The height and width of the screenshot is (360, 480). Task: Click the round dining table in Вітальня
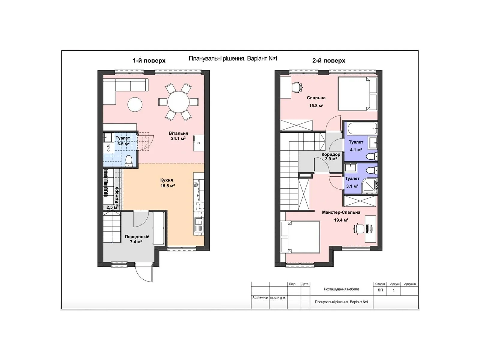click(178, 102)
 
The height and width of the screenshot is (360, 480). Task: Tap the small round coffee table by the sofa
click(135, 104)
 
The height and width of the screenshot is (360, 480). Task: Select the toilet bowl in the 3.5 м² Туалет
click(129, 160)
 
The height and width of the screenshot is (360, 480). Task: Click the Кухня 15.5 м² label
click(167, 183)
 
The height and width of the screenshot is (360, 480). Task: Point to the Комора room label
click(116, 195)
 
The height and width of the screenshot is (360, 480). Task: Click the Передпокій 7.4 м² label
click(137, 239)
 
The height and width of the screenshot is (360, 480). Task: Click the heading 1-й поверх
click(149, 61)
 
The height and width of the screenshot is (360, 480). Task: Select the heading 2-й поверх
click(328, 61)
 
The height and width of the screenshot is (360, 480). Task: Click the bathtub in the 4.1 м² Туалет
click(362, 128)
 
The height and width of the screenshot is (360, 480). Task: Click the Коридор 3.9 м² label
click(331, 157)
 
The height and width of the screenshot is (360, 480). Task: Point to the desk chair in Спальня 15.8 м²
click(297, 87)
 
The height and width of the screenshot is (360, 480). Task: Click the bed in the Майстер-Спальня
click(301, 237)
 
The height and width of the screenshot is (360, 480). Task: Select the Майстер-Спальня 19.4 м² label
click(341, 216)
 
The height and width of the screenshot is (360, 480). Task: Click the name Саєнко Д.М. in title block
click(278, 298)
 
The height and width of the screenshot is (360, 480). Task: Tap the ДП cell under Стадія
click(380, 290)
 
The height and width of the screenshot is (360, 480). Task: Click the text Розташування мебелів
click(341, 289)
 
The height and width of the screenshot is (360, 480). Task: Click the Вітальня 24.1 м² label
click(178, 136)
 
